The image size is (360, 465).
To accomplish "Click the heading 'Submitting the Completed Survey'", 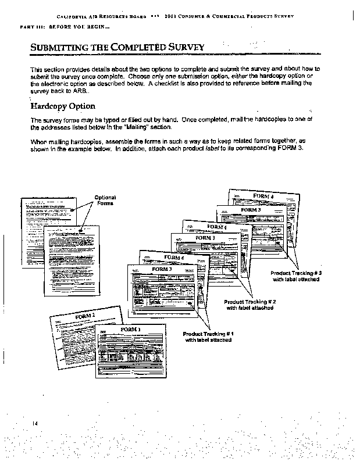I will [x=117, y=47].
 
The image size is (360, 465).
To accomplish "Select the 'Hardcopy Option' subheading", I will [x=62, y=106].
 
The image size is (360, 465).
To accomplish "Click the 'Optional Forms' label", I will [x=105, y=201].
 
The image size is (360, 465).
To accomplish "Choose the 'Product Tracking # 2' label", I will [x=250, y=305].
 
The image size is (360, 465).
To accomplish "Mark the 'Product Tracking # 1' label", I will [x=208, y=337].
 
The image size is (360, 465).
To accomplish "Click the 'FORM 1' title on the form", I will [x=130, y=330].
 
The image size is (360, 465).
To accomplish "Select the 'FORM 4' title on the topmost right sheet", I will [x=263, y=196].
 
